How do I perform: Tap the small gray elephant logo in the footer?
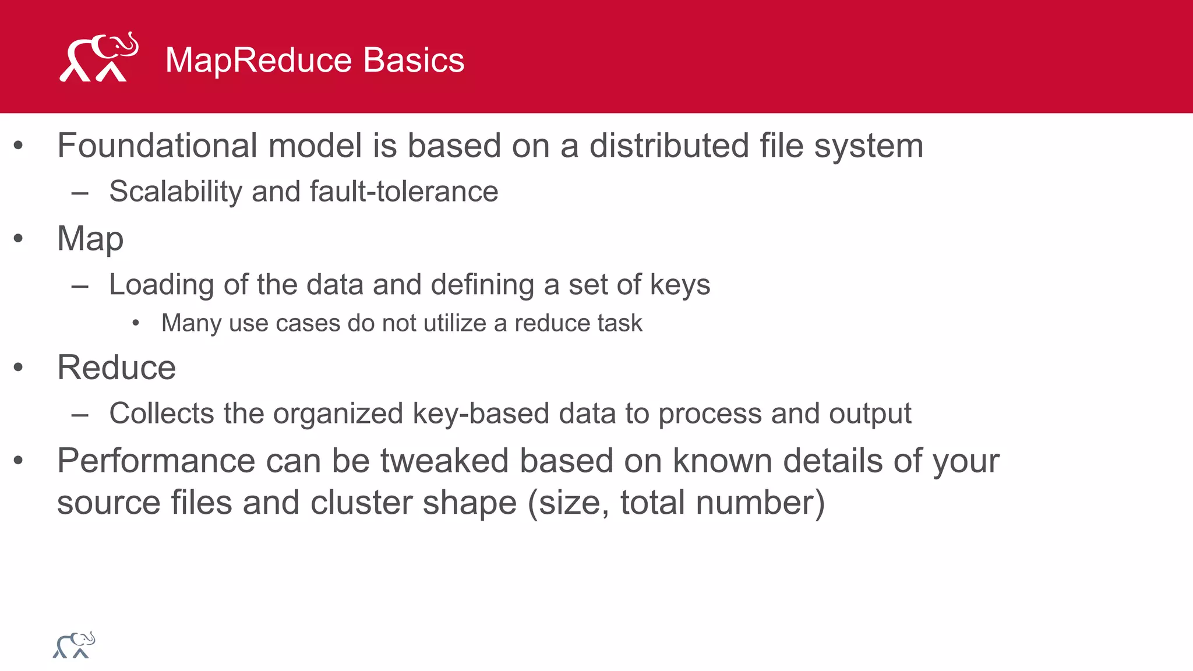coord(74,645)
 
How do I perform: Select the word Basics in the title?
coord(414,60)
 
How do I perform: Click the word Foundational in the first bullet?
coord(157,146)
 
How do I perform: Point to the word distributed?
coord(669,146)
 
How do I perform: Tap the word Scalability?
coord(175,192)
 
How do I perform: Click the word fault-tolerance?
coord(404,192)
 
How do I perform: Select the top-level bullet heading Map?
coord(90,239)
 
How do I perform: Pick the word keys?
coord(680,285)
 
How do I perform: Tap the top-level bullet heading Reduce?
coord(117,368)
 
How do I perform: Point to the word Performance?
coord(156,461)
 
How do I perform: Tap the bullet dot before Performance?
coord(19,461)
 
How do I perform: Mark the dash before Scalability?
coord(80,193)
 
